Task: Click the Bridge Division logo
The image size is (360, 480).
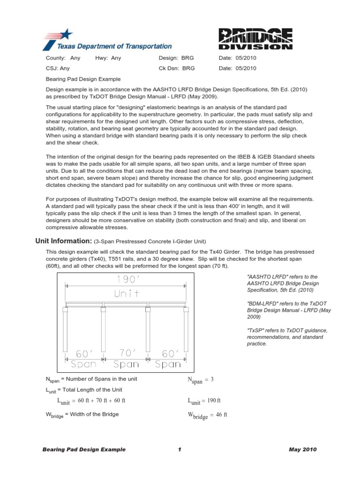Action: [256, 39]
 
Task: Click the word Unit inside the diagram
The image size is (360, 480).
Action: [126, 294]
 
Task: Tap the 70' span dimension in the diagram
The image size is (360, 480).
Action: [126, 352]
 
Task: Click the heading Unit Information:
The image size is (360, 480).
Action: [64, 241]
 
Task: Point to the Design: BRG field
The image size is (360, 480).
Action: [176, 58]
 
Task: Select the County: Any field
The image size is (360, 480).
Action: [63, 58]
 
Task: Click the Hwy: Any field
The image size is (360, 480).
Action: [108, 58]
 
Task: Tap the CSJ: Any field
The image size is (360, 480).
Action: [58, 68]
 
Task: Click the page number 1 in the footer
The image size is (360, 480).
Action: [180, 450]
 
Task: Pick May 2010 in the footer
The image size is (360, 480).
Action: [303, 450]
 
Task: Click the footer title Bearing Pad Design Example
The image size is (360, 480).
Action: [84, 450]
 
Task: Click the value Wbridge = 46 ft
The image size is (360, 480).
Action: [207, 415]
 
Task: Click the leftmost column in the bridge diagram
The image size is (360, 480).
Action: [65, 330]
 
